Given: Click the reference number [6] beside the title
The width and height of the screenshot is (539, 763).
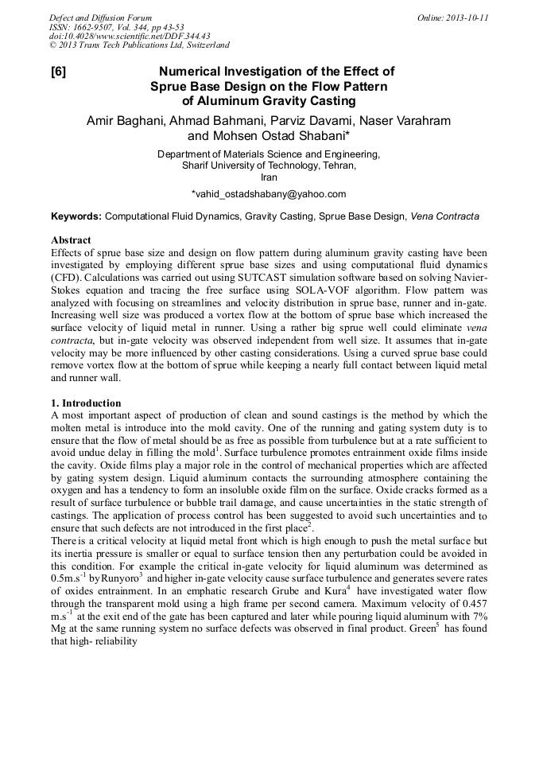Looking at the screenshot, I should [x=59, y=72].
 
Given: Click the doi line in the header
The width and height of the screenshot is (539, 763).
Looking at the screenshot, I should [x=130, y=37].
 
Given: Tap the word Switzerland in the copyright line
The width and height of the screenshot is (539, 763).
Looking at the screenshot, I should [x=204, y=46].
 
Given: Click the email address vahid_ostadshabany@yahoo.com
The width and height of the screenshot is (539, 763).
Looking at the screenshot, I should [x=269, y=193].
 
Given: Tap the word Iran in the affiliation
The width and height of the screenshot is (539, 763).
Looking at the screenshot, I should [x=269, y=177].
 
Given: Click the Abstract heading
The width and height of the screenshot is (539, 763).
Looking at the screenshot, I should [x=71, y=239].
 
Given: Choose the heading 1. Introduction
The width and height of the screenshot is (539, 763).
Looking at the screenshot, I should [x=86, y=403].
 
